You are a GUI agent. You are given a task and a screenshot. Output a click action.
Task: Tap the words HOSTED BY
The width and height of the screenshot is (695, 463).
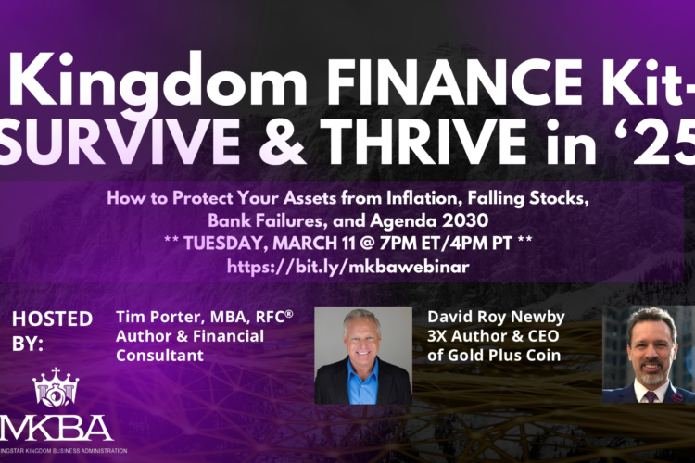coord(52,329)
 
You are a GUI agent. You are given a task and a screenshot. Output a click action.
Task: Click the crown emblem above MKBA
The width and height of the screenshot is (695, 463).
coord(56,390)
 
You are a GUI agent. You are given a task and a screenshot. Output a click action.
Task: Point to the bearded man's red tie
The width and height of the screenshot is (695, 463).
coord(651,397)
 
